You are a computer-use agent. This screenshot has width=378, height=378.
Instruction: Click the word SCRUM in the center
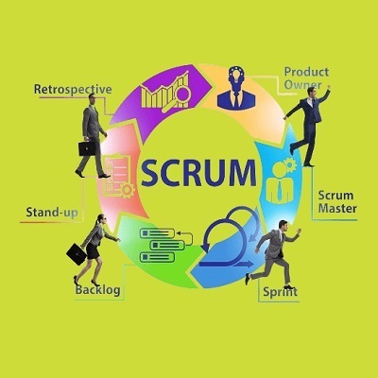click(x=198, y=173)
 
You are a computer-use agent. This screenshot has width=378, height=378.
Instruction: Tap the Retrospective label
click(x=73, y=89)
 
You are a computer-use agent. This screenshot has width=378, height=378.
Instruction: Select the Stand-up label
click(x=52, y=213)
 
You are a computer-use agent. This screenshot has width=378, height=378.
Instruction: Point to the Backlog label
click(x=97, y=290)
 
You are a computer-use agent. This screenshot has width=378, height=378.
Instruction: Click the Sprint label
click(x=280, y=292)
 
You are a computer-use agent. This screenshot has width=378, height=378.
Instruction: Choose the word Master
click(x=337, y=208)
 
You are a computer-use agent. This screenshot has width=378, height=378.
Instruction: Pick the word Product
click(x=306, y=72)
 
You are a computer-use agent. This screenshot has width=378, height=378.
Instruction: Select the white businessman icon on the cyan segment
click(x=279, y=183)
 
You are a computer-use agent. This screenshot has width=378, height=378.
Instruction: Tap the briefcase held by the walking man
click(x=87, y=148)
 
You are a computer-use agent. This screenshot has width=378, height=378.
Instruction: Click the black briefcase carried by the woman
click(x=77, y=253)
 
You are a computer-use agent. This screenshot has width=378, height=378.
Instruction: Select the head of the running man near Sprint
click(x=283, y=225)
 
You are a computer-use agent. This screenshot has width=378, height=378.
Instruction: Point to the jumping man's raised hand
click(x=329, y=87)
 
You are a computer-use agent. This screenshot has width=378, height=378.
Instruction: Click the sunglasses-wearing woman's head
click(x=101, y=219)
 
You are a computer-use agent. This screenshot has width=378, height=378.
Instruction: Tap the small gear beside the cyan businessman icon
click(x=289, y=164)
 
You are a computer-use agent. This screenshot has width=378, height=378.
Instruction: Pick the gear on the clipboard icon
click(x=128, y=190)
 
